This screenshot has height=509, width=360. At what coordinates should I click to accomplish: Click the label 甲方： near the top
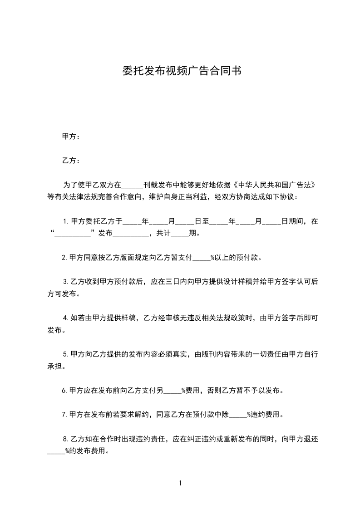72,136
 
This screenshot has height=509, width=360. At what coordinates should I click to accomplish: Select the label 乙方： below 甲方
72,161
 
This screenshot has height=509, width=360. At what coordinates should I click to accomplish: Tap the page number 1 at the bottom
180,483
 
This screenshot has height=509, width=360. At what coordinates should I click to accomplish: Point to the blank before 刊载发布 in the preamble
132,186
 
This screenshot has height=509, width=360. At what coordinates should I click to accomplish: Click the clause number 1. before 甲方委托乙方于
66,222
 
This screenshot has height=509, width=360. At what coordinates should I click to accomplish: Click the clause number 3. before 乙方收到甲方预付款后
66,281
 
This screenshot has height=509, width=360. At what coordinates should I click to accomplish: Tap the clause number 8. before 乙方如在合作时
66,439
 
